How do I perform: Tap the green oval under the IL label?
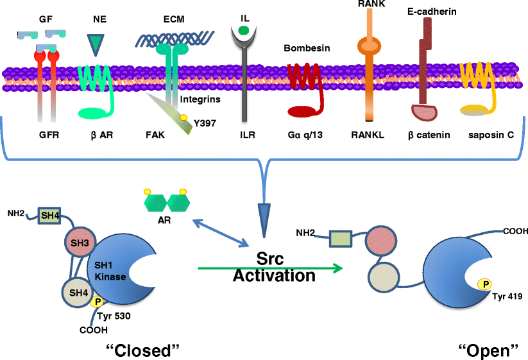[244, 30]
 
